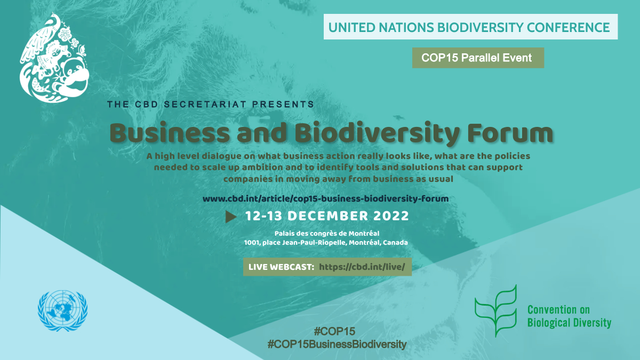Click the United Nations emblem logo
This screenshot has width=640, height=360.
62,310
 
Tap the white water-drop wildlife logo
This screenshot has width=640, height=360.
54,57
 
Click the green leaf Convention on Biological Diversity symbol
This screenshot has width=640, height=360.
496,310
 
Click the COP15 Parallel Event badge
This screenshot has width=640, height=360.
478,58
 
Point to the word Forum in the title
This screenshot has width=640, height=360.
510,133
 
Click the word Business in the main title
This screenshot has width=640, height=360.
170,133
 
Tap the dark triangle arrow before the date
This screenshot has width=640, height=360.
231,217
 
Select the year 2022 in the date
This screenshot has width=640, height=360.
391,216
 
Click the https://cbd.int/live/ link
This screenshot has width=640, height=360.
362,267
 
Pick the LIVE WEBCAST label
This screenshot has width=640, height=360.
281,267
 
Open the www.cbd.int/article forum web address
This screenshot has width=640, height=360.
325,198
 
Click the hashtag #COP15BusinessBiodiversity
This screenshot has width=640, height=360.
337,345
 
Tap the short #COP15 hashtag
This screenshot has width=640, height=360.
334,331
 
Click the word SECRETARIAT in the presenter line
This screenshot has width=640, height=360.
205,105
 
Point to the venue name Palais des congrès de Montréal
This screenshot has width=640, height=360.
327,234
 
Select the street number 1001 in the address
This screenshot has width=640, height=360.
251,243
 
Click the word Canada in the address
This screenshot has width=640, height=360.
395,243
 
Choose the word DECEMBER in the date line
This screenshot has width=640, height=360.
327,216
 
